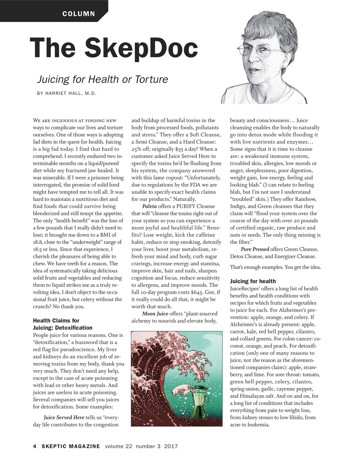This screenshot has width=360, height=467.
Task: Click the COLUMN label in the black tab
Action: coord(78,14)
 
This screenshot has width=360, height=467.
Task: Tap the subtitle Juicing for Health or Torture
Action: coord(102,79)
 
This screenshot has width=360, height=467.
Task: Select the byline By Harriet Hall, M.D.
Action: coord(66,93)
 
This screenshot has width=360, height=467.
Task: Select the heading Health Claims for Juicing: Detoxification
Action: coord(62,324)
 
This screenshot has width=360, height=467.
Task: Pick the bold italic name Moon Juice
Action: coord(155,314)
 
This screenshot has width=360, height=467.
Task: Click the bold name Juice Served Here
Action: coord(64,417)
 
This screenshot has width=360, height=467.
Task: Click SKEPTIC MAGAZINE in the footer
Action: coord(70,446)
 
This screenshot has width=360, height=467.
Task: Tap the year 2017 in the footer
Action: coord(171,446)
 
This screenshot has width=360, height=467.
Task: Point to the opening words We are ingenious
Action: coord(55,120)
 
